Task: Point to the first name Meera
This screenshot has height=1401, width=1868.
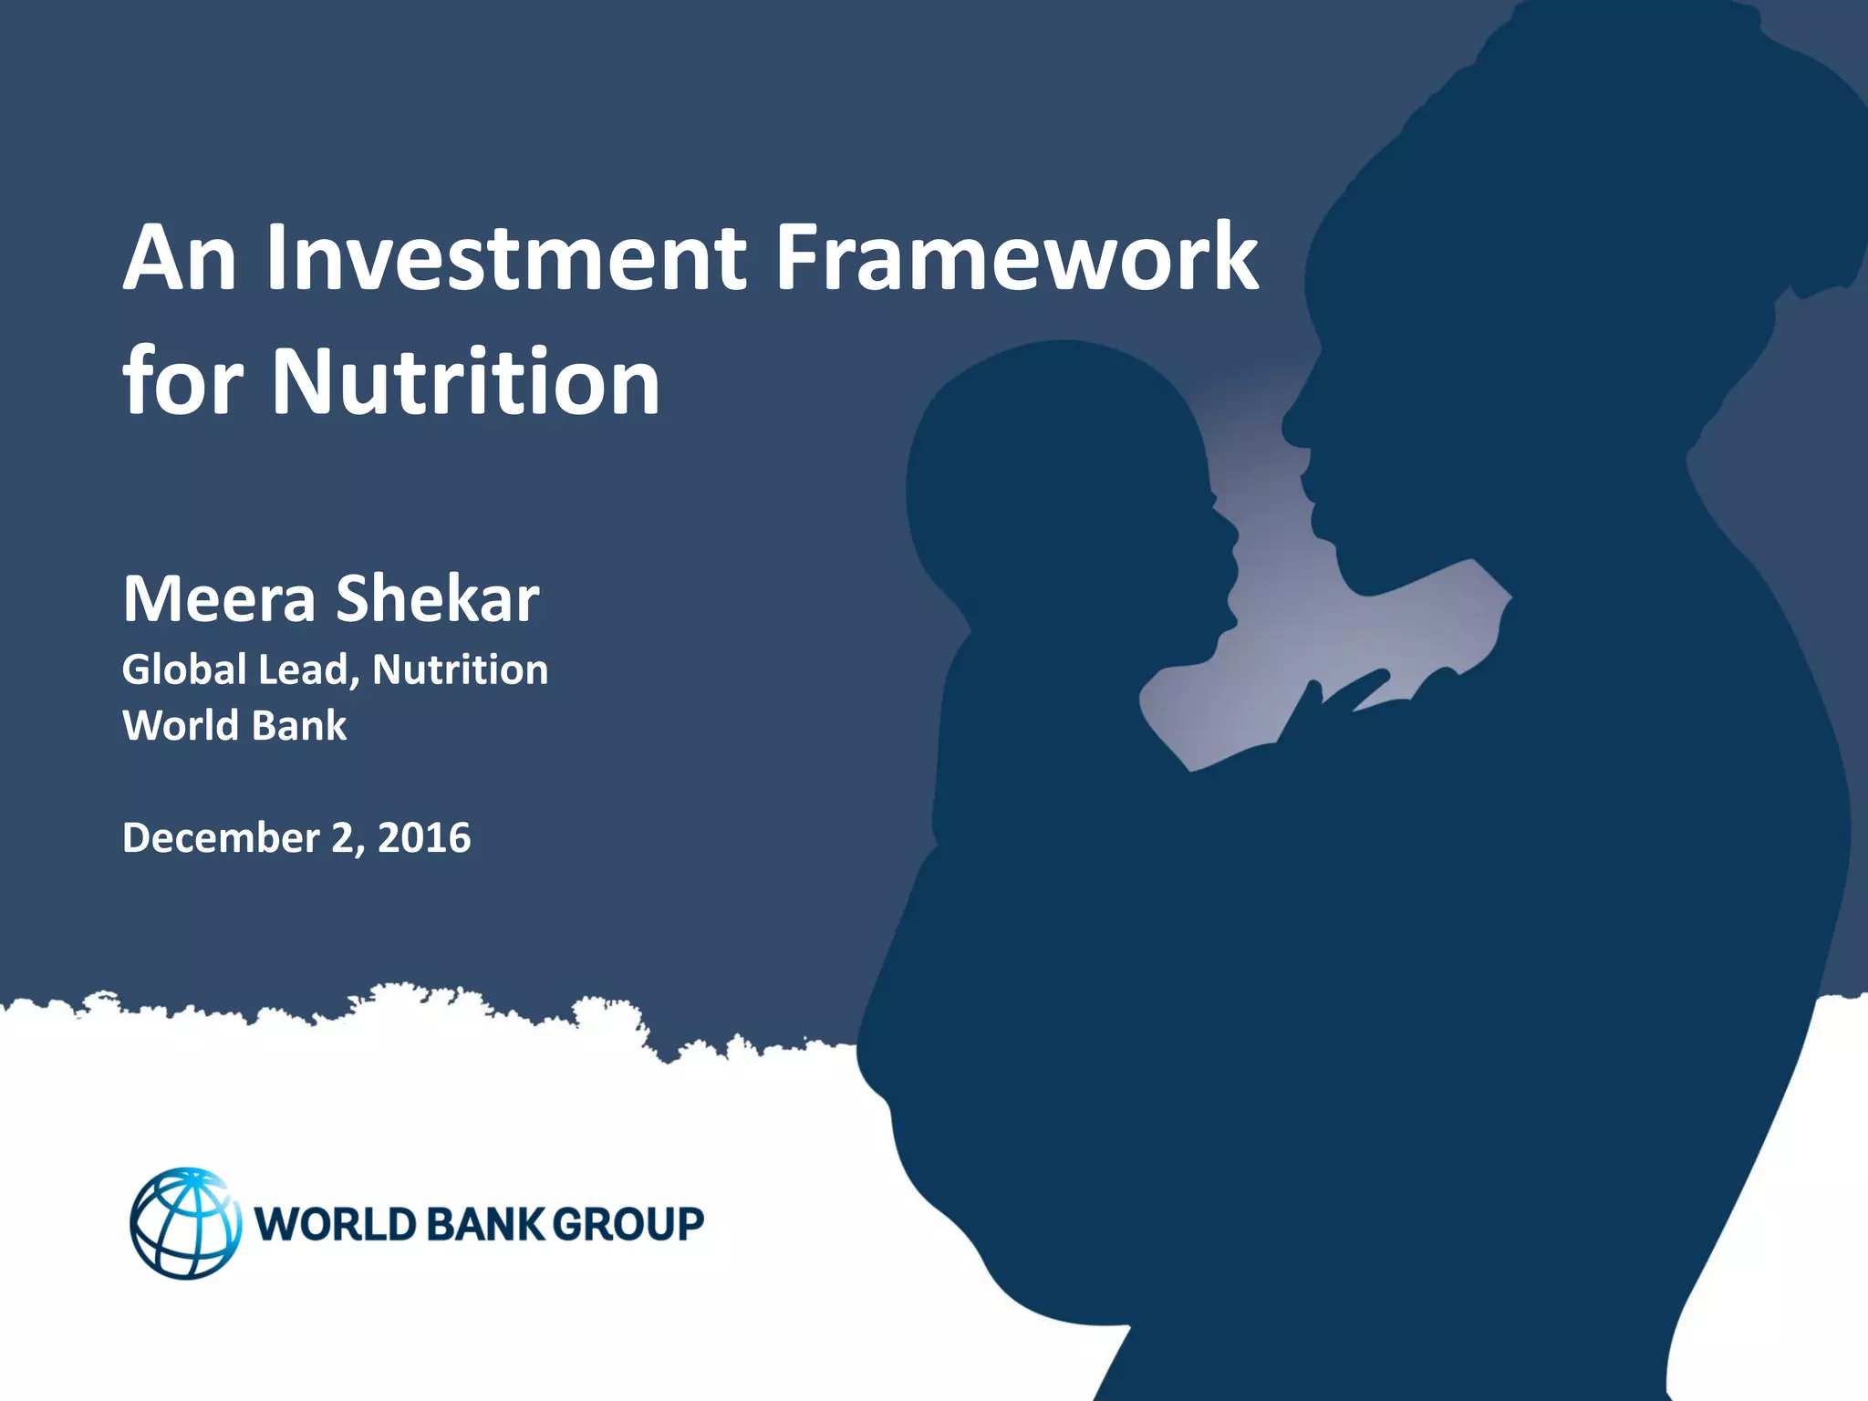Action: (x=219, y=599)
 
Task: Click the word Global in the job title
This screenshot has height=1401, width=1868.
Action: (x=184, y=669)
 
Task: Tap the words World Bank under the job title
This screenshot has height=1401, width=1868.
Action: (x=234, y=726)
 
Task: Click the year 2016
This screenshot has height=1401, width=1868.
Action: (x=424, y=837)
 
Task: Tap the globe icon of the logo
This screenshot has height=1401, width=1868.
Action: (x=185, y=1222)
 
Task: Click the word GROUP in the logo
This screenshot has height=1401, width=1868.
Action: (x=628, y=1224)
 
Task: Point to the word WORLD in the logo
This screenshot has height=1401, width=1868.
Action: (x=335, y=1224)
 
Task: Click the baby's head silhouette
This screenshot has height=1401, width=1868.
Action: (x=1058, y=474)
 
